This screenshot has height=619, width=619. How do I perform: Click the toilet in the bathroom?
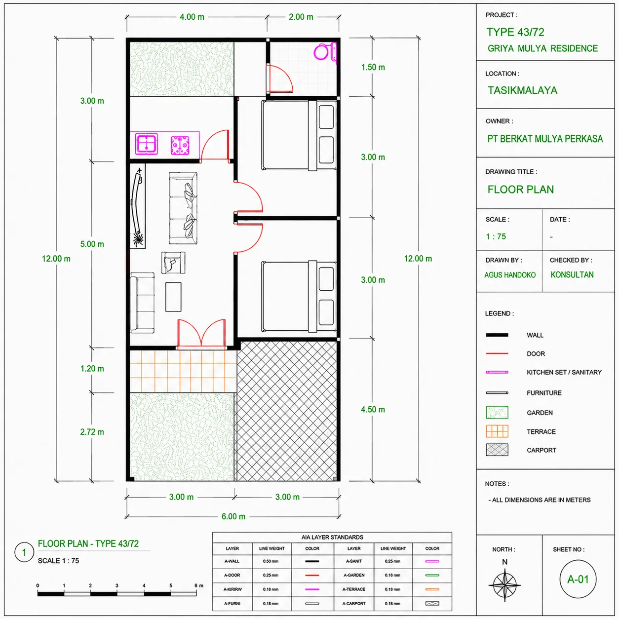pyautogui.click(x=325, y=52)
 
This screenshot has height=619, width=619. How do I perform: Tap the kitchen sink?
pyautogui.click(x=147, y=143)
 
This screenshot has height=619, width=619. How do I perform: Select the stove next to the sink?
pyautogui.click(x=180, y=145)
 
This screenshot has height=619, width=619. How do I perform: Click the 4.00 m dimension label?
pyautogui.click(x=192, y=17)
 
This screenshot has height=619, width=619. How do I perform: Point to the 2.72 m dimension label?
pyautogui.click(x=92, y=432)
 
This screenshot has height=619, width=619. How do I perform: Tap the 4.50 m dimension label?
pyautogui.click(x=373, y=409)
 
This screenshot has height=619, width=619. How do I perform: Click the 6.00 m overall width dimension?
pyautogui.click(x=233, y=516)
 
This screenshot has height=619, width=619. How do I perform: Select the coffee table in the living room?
pyautogui.click(x=173, y=297)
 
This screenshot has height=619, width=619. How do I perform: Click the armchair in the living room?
pyautogui.click(x=173, y=263)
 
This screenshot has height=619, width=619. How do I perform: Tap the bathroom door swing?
pyautogui.click(x=279, y=78)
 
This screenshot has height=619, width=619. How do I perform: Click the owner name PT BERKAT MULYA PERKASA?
pyautogui.click(x=545, y=139)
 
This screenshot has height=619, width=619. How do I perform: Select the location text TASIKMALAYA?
pyautogui.click(x=522, y=90)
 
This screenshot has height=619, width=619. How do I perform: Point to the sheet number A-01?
pyautogui.click(x=578, y=579)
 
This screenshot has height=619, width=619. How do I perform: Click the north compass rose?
pyautogui.click(x=504, y=584)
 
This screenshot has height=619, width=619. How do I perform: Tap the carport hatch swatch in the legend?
pyautogui.click(x=497, y=450)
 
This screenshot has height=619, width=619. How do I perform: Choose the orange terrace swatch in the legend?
pyautogui.click(x=497, y=431)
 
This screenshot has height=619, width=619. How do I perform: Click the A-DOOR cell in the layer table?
pyautogui.click(x=232, y=575)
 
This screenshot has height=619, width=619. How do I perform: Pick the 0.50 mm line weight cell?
pyautogui.click(x=271, y=561)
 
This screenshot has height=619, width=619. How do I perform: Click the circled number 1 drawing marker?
pyautogui.click(x=24, y=552)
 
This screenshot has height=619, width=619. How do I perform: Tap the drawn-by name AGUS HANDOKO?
pyautogui.click(x=510, y=275)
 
